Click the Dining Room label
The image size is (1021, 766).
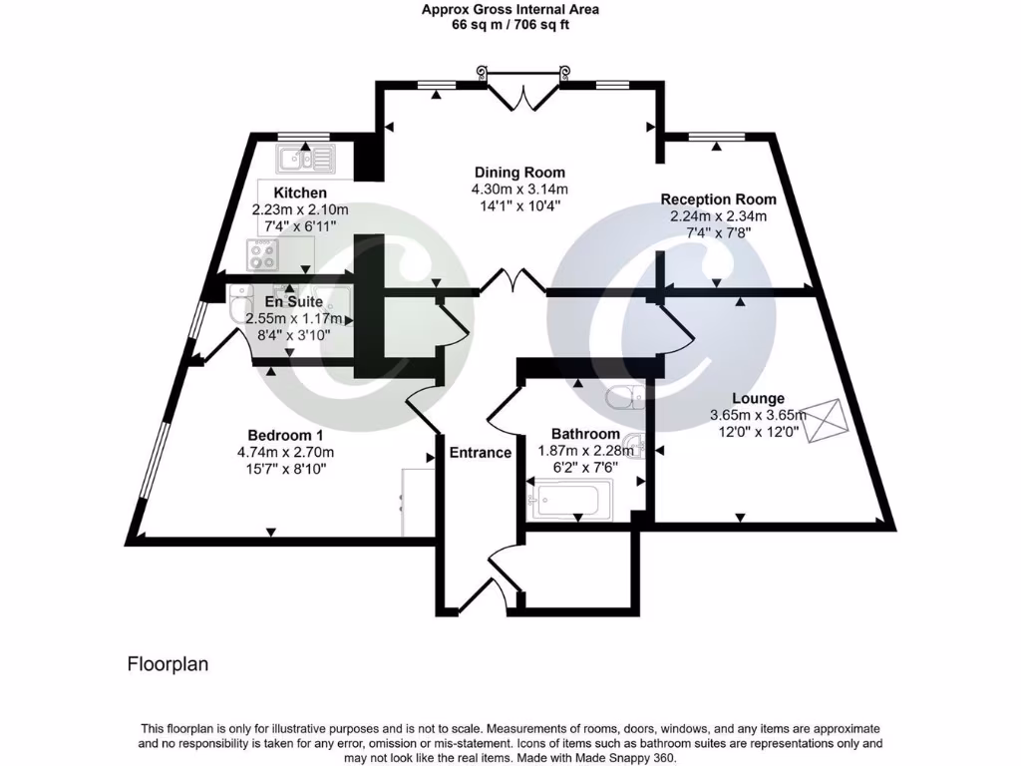point(518,172)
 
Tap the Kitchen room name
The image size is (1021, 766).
point(300,192)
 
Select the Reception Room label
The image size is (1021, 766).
point(718,198)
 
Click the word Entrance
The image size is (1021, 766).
point(480,452)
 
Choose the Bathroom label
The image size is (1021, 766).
point(585,434)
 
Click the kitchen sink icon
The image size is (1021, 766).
point(307,158)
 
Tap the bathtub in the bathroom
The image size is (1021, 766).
point(571,499)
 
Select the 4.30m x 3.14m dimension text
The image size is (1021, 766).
point(518,190)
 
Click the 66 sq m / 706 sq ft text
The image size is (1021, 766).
point(510,26)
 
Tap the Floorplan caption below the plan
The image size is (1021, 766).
point(168,664)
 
